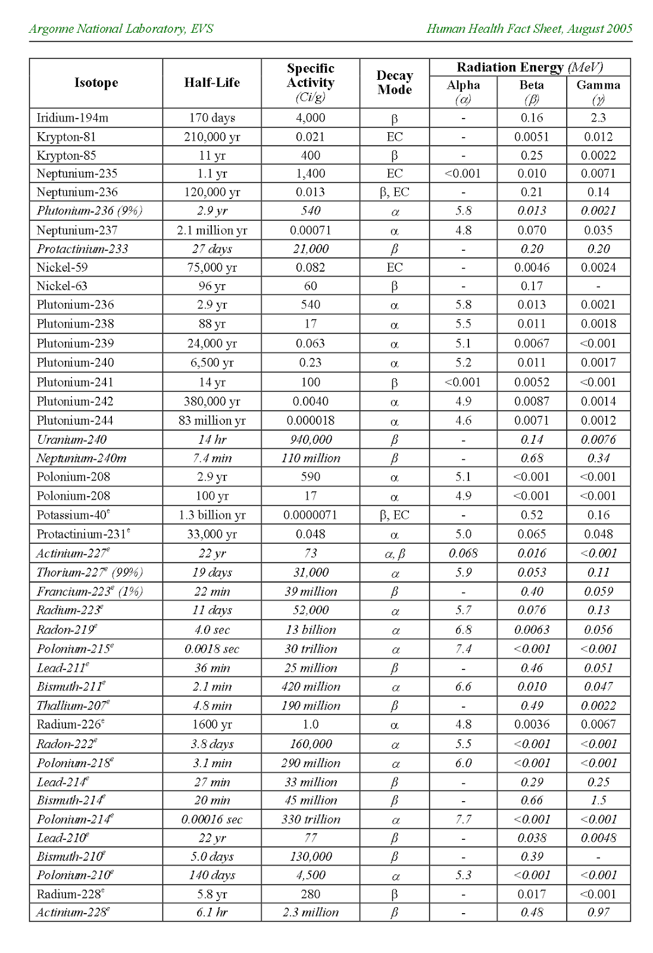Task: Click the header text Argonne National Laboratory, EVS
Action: click(121, 29)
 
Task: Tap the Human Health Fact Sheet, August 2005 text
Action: click(529, 29)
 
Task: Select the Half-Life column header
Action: click(212, 83)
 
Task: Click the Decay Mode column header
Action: click(394, 83)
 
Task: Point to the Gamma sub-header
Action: click(598, 85)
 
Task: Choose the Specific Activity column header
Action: click(310, 83)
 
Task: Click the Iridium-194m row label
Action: click(73, 118)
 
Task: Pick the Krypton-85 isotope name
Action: click(66, 155)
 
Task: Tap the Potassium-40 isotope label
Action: click(73, 515)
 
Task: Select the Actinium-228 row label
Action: click(73, 912)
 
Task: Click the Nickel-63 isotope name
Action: click(62, 286)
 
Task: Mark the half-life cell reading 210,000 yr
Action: click(212, 137)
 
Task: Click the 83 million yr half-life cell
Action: click(212, 421)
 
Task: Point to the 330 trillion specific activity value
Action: click(311, 820)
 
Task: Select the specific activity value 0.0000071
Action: click(310, 515)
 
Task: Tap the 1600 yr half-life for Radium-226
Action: click(212, 725)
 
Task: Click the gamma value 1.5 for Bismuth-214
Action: click(598, 801)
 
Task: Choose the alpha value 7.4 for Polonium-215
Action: click(463, 649)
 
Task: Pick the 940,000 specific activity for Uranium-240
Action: click(310, 440)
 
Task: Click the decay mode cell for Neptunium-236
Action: click(394, 192)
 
